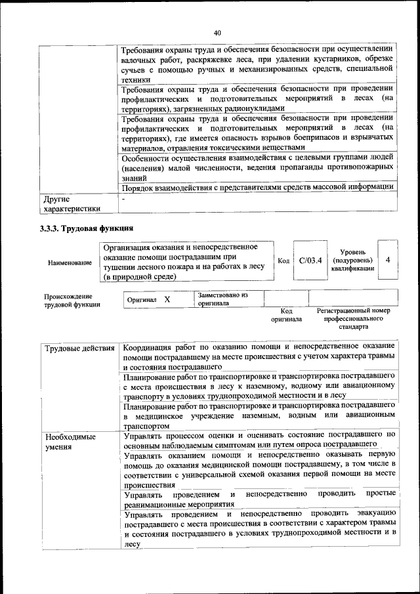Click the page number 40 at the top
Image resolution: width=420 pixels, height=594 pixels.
pyautogui.click(x=217, y=33)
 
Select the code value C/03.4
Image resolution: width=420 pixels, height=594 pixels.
pyautogui.click(x=310, y=261)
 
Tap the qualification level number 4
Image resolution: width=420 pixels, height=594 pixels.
pyautogui.click(x=388, y=260)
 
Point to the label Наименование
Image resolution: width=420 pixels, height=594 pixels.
pyautogui.click(x=70, y=263)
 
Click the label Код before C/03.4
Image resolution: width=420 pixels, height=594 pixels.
pyautogui.click(x=283, y=261)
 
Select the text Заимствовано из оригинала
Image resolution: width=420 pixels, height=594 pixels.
pyautogui.click(x=221, y=299)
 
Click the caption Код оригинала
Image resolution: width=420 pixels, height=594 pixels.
pyautogui.click(x=286, y=315)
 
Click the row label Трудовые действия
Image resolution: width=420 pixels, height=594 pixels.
pyautogui.click(x=79, y=348)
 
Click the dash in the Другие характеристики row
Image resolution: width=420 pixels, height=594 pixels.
pyautogui.click(x=123, y=198)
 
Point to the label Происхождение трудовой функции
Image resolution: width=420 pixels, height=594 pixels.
pyautogui.click(x=72, y=300)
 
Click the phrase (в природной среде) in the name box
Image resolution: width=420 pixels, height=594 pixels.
pyautogui.click(x=139, y=277)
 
